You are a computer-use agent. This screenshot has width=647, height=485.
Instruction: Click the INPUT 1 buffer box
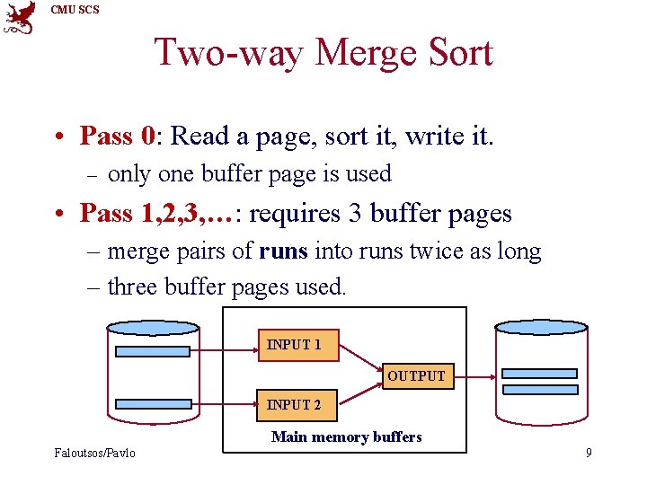[294, 345]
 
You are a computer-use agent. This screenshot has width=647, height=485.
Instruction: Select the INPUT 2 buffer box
[294, 405]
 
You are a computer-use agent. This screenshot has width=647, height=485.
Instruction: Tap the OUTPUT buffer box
[416, 375]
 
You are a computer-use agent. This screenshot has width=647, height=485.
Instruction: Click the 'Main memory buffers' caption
[346, 437]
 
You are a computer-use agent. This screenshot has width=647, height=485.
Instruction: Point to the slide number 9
[589, 453]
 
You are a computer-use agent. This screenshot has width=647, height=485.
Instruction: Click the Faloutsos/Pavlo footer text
[94, 453]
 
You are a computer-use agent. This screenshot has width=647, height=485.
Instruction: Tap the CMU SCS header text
[75, 10]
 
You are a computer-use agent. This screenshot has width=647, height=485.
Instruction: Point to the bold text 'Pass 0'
[118, 136]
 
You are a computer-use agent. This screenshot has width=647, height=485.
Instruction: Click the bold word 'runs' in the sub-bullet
[283, 251]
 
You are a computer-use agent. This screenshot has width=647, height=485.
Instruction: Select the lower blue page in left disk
[153, 404]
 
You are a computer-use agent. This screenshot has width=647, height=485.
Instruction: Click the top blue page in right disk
[540, 373]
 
